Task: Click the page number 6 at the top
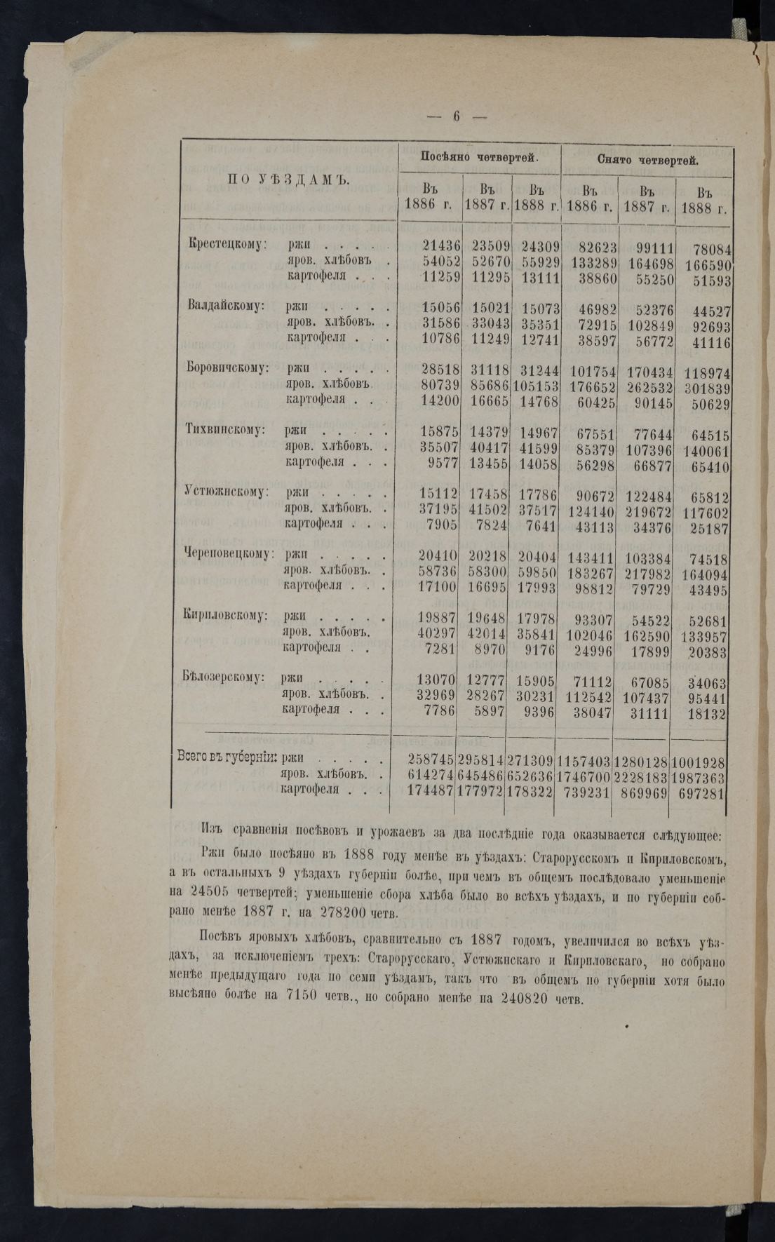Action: point(455,117)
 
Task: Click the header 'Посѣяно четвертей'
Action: point(479,158)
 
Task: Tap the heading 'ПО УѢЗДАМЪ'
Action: point(288,180)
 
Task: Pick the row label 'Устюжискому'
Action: point(226,492)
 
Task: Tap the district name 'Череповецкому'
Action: point(229,554)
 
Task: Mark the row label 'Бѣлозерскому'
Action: point(225,677)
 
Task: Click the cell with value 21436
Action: point(441,245)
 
